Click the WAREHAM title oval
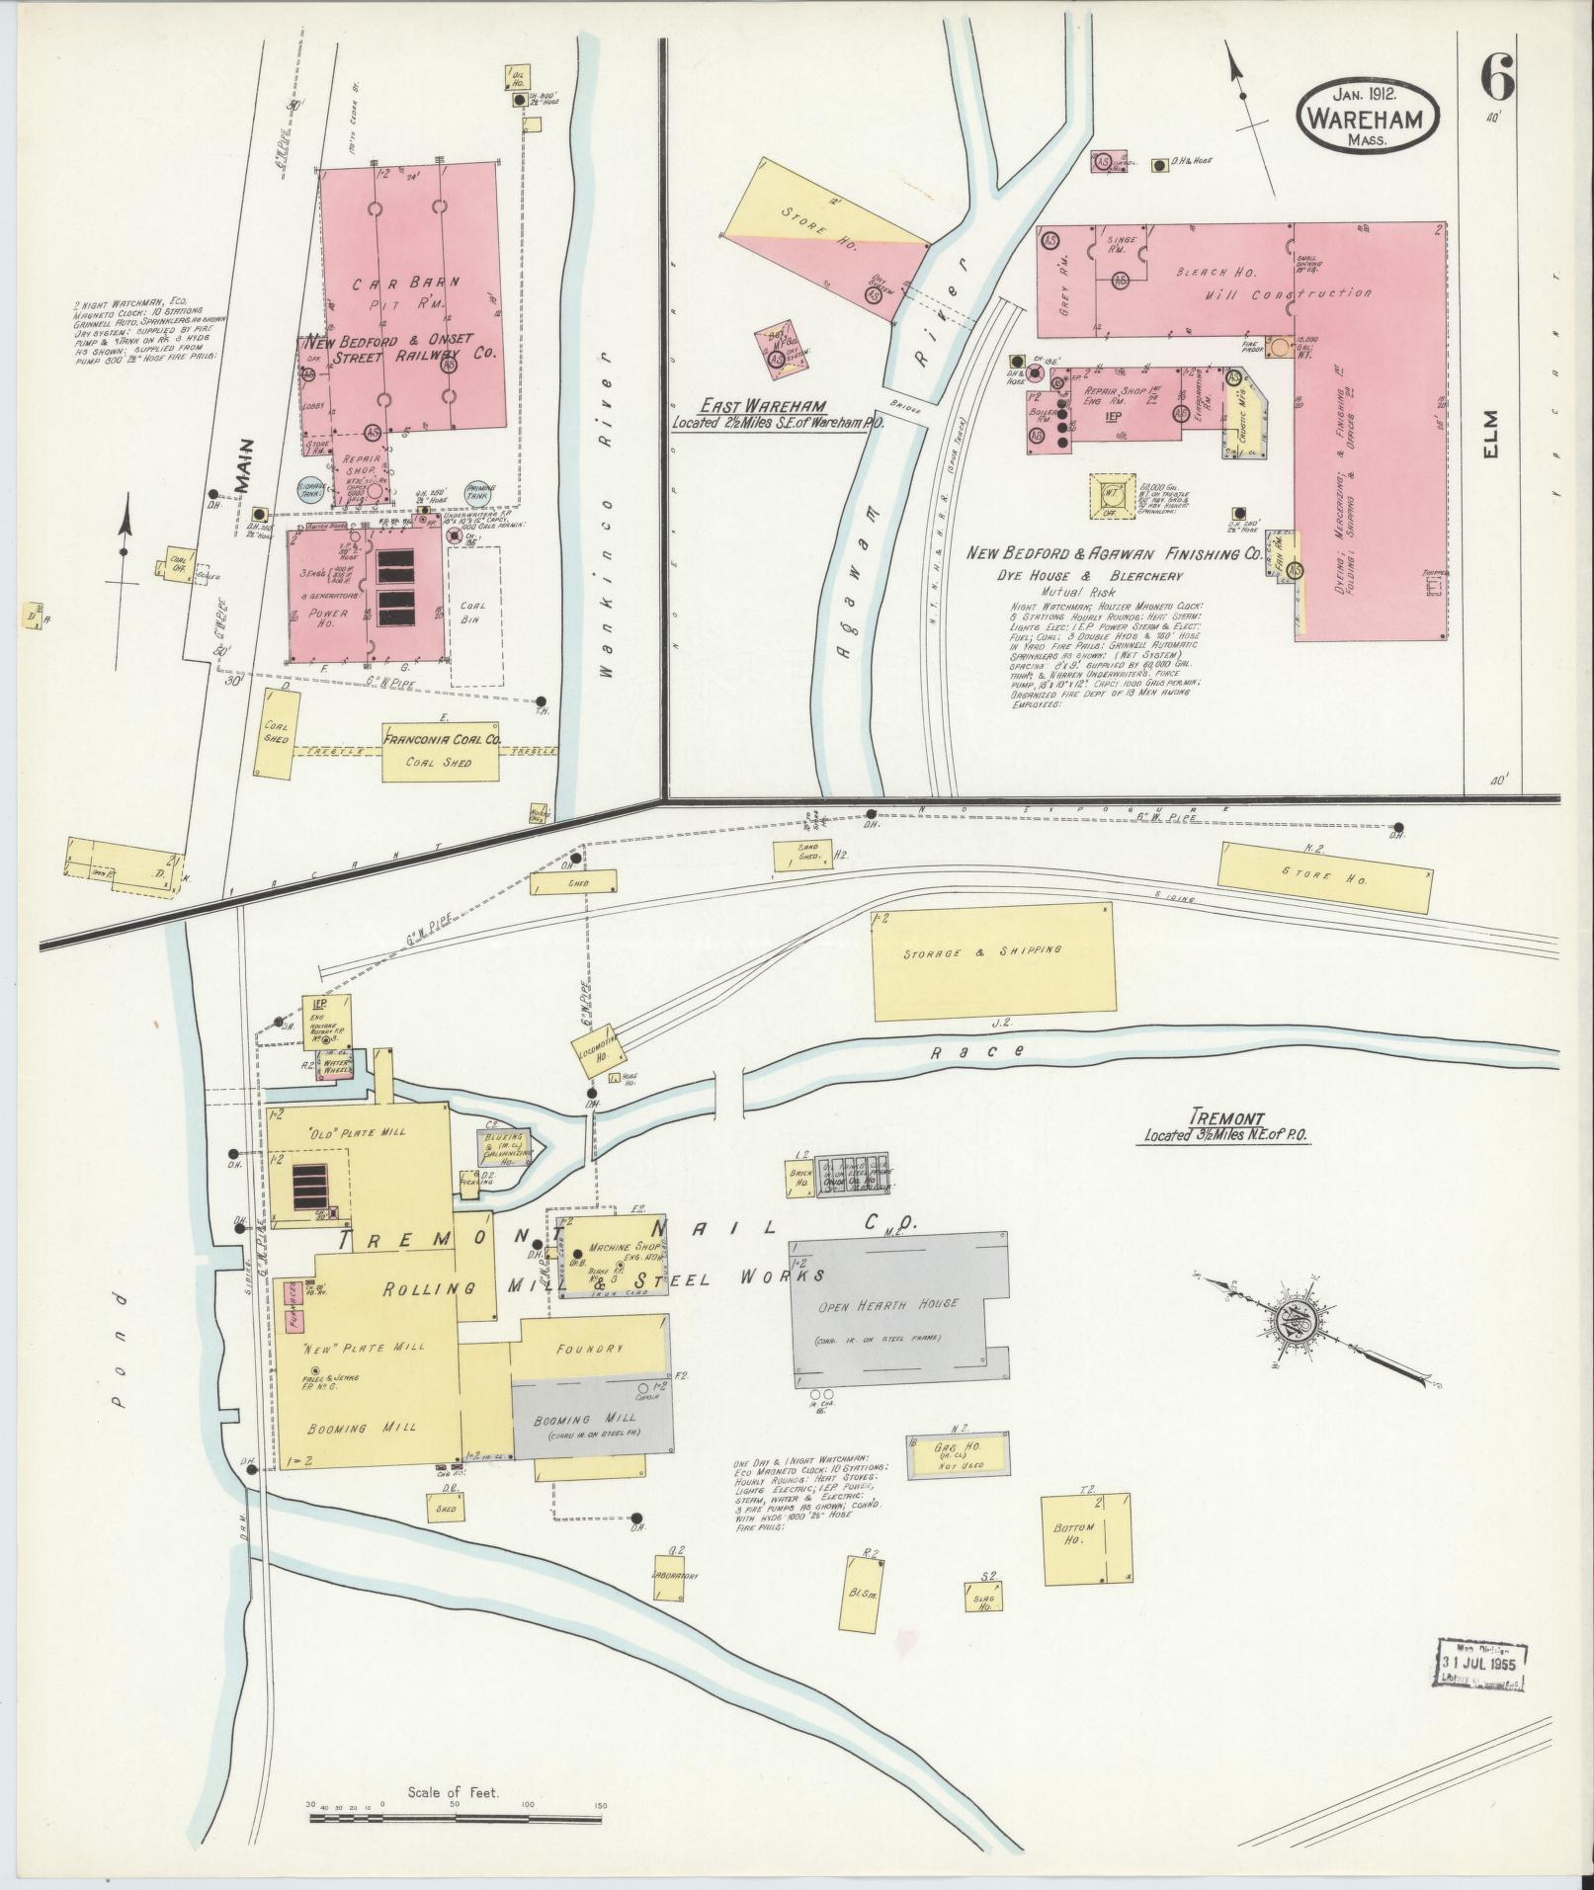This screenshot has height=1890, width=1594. [x=1368, y=115]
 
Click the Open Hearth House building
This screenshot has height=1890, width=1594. [x=899, y=1304]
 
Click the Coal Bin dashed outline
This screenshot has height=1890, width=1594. [x=475, y=616]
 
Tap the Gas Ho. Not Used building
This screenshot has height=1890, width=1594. [x=959, y=1457]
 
